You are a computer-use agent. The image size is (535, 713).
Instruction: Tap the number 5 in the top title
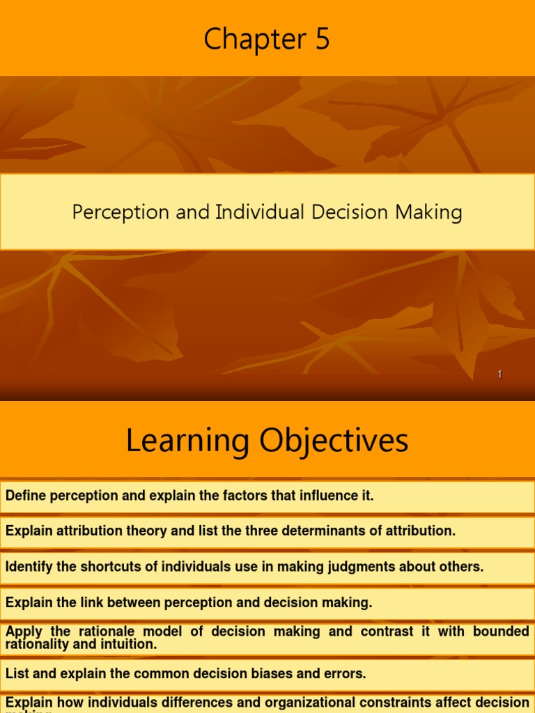322,40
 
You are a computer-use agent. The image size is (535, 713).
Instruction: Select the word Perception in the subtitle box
120,212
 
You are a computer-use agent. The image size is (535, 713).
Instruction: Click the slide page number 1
499,375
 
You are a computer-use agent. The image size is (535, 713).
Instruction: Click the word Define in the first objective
24,496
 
